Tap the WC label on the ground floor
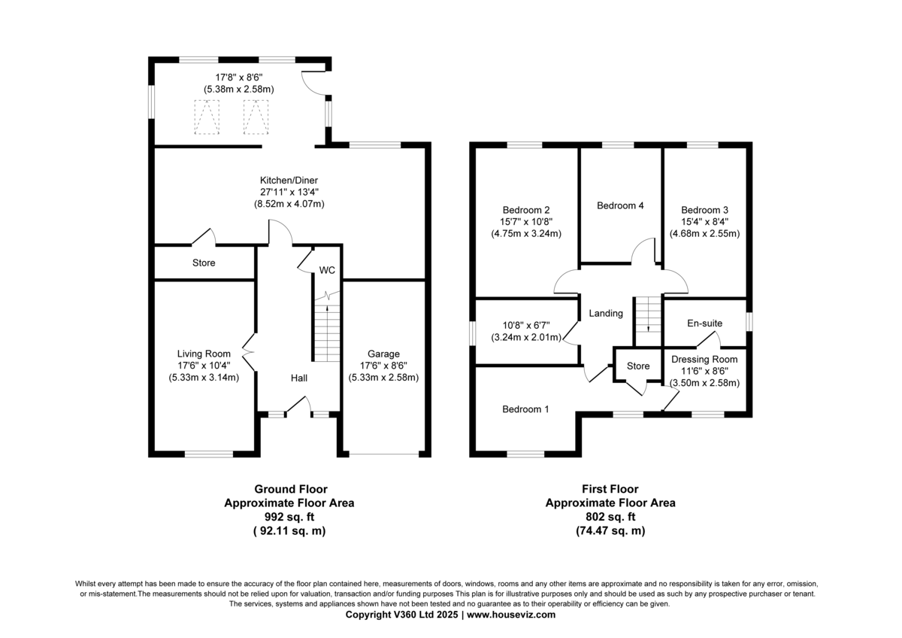[327, 270]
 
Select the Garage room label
[383, 354]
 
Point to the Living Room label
[204, 354]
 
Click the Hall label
[299, 378]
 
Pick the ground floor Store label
[204, 263]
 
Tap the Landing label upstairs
[606, 314]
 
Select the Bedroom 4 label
[620, 205]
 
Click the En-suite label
[704, 324]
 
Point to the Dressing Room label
[704, 360]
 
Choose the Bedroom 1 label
[525, 409]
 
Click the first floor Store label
[638, 366]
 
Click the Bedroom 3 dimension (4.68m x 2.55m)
[704, 233]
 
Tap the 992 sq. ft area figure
[289, 517]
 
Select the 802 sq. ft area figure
[610, 517]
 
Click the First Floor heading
[610, 489]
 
